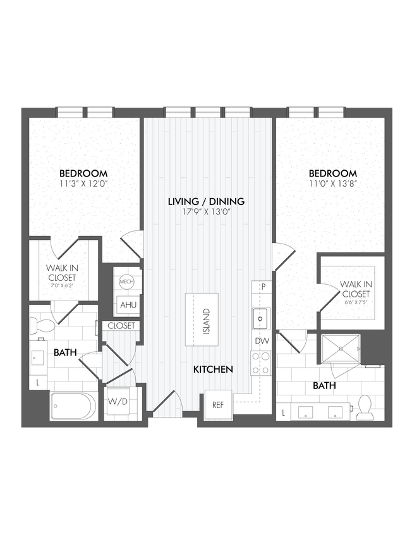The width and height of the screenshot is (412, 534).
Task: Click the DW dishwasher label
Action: pos(262,341)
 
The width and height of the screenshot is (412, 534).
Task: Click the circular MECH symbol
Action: pos(126,281)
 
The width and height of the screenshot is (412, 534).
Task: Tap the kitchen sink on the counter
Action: pos(260,318)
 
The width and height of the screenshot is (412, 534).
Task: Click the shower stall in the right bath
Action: pos(341,349)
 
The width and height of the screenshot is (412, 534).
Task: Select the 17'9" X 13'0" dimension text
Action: pos(206,212)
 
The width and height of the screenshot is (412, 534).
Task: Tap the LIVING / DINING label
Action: pos(206,201)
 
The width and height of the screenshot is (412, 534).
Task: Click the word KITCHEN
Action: pos(214,369)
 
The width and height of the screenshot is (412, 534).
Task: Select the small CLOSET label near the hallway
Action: pos(121,326)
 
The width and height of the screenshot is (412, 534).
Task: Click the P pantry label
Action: pos(262,287)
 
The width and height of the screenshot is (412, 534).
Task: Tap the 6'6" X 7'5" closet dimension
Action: pos(355,302)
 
